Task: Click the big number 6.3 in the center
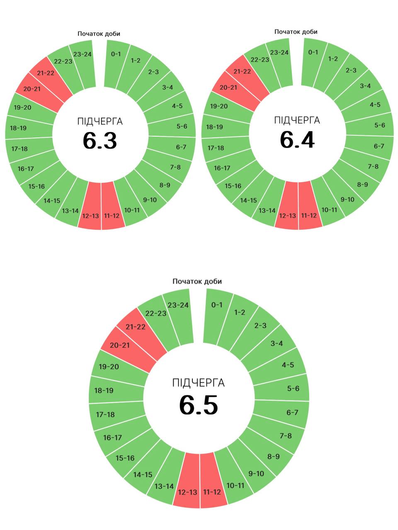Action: point(100,141)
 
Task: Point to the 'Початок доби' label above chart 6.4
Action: point(296,32)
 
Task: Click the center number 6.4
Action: point(297,140)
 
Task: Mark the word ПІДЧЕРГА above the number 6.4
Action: point(297,120)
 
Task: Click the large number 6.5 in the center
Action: point(199,405)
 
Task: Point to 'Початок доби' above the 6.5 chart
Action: point(197,282)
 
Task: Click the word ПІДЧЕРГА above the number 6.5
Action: point(199,383)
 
